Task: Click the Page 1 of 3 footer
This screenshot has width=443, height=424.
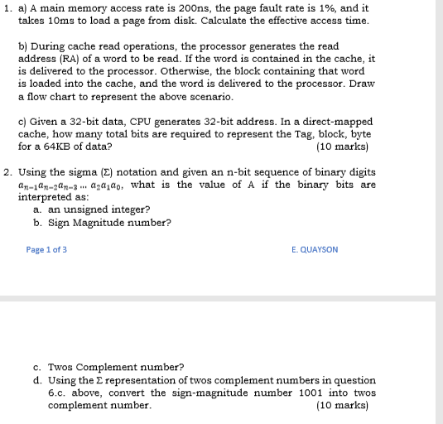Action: [46, 249]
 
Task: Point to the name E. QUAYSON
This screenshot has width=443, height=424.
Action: [315, 249]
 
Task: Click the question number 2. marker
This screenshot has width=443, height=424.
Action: [7, 172]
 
